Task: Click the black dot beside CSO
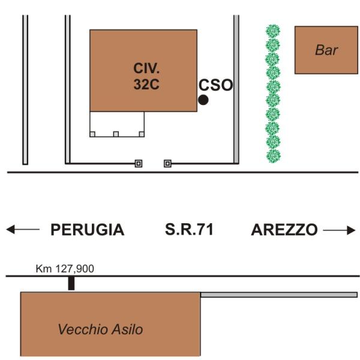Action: click(203, 100)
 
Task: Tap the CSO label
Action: click(215, 85)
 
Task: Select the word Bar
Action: click(326, 50)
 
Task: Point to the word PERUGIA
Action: click(87, 230)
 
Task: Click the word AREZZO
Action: click(284, 230)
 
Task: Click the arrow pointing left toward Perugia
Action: click(22, 230)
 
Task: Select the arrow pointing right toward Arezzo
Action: click(339, 230)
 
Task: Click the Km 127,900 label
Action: click(65, 269)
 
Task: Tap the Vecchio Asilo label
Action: click(100, 329)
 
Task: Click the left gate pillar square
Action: click(139, 163)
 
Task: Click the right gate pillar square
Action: click(167, 163)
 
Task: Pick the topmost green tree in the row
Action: click(274, 31)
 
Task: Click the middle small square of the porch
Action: click(116, 134)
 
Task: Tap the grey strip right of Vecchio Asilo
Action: click(279, 295)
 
